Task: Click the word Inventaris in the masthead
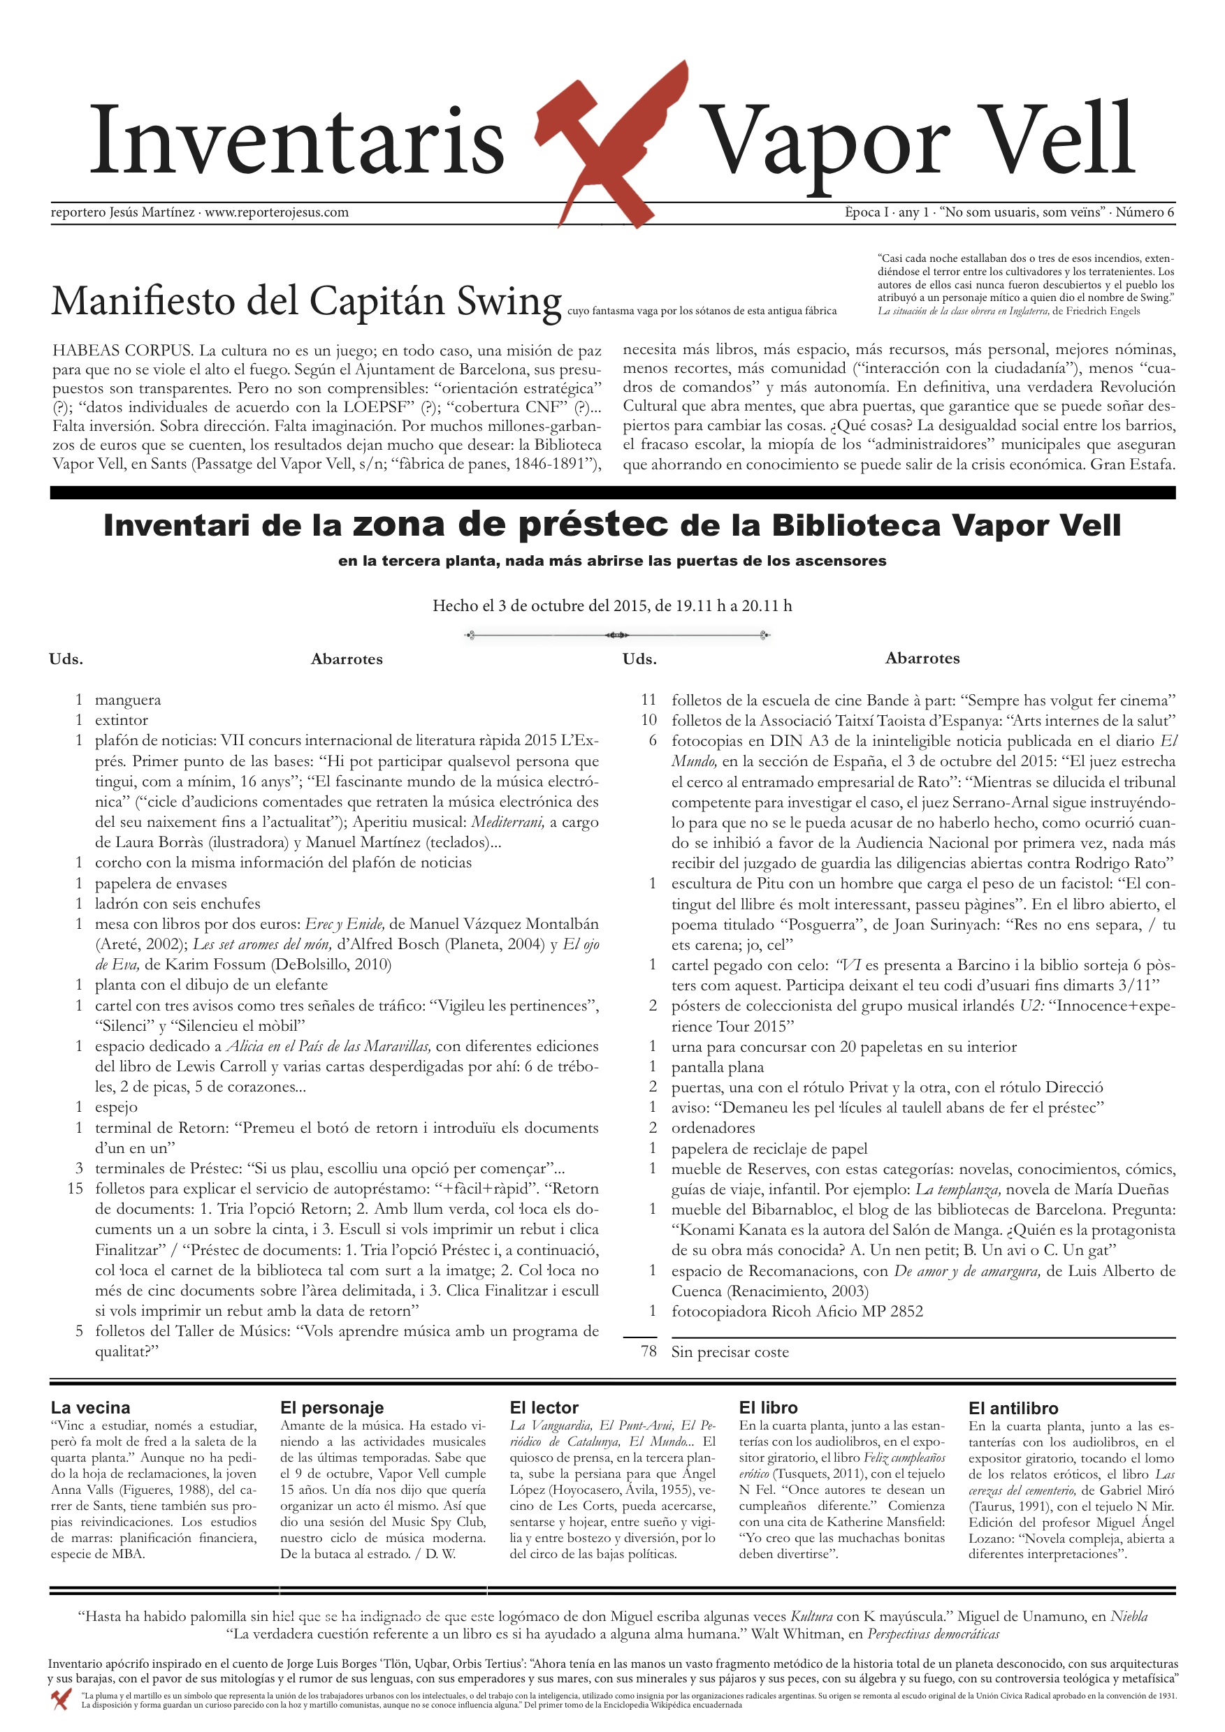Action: click(x=296, y=141)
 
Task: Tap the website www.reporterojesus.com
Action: click(x=276, y=213)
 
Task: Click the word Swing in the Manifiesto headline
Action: click(x=509, y=301)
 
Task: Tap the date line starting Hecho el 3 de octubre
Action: click(x=612, y=606)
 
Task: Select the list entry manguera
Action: click(x=128, y=700)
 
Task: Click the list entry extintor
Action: click(x=122, y=721)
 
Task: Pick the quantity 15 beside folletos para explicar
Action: click(x=75, y=1189)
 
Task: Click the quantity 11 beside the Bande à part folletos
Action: click(x=648, y=700)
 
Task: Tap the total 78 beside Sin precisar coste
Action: click(x=648, y=1352)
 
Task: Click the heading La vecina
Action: click(x=91, y=1408)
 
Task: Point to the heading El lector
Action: click(x=544, y=1408)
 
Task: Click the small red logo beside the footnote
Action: click(x=61, y=1698)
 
